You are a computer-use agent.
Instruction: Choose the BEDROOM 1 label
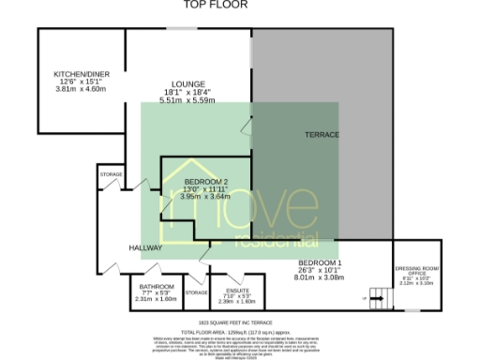coord(321,262)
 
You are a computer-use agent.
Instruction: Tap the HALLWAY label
coord(147,247)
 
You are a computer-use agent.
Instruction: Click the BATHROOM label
coord(157,286)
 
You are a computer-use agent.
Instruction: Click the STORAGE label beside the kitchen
coord(111,173)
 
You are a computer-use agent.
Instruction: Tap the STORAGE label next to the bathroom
coord(196,293)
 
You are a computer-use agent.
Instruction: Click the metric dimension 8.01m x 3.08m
coord(322,277)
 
